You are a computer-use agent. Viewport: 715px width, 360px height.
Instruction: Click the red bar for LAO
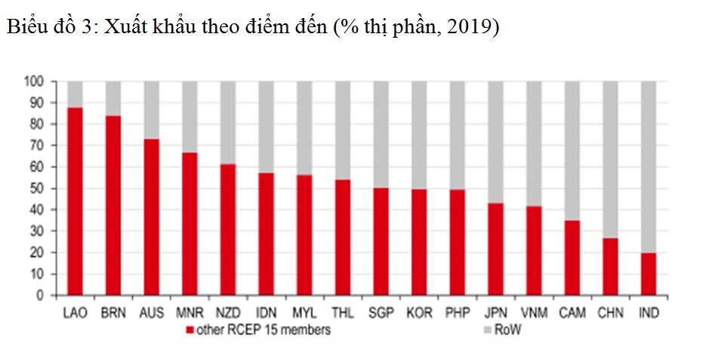(75, 202)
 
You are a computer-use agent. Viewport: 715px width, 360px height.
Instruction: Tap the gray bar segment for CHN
(610, 159)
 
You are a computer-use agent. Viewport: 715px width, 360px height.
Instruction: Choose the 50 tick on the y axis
(38, 188)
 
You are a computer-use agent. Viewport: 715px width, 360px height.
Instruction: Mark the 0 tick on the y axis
(42, 296)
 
